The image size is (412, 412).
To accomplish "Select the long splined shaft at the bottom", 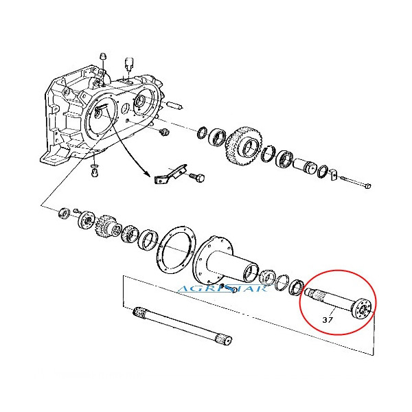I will [181, 326].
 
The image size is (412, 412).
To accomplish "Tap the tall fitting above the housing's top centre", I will [128, 66].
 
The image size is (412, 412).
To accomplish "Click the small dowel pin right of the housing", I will [175, 107].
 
